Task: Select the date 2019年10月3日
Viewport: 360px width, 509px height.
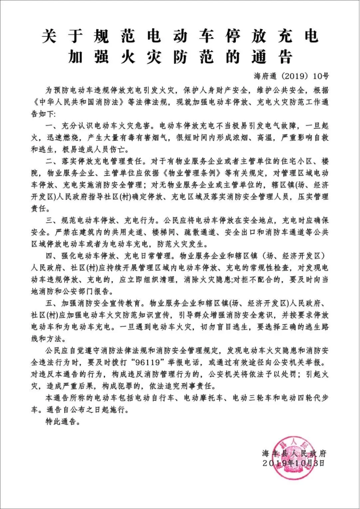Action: (x=294, y=463)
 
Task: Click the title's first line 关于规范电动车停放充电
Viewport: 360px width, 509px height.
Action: (x=180, y=37)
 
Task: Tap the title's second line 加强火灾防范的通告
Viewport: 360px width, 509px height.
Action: (x=180, y=56)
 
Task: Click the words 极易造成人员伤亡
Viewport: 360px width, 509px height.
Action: (x=95, y=150)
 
